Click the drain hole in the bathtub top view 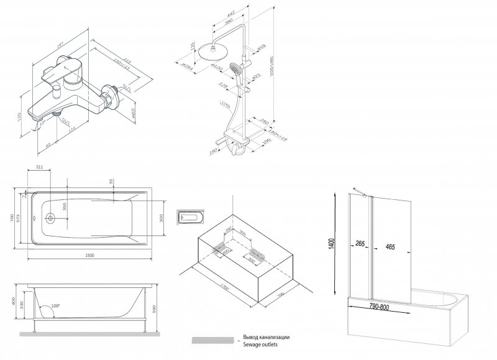pyautogui.click(x=50, y=218)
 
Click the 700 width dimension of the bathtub pyautogui.click(x=11, y=218)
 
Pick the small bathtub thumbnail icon pyautogui.click(x=188, y=218)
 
